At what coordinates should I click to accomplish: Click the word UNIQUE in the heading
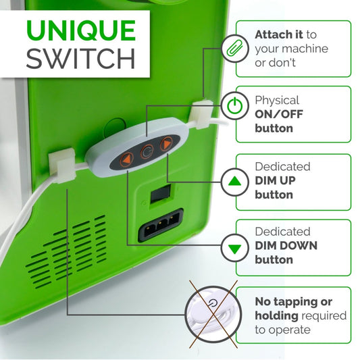coord(80,32)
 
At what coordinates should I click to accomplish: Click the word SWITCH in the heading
coord(80,59)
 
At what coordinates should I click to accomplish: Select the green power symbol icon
coord(234,107)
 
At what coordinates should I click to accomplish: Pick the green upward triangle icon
coord(234,181)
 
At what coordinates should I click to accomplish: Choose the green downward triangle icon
coord(234,248)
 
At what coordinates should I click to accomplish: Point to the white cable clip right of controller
coord(200,115)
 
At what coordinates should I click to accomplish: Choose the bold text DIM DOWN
coord(286,246)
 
